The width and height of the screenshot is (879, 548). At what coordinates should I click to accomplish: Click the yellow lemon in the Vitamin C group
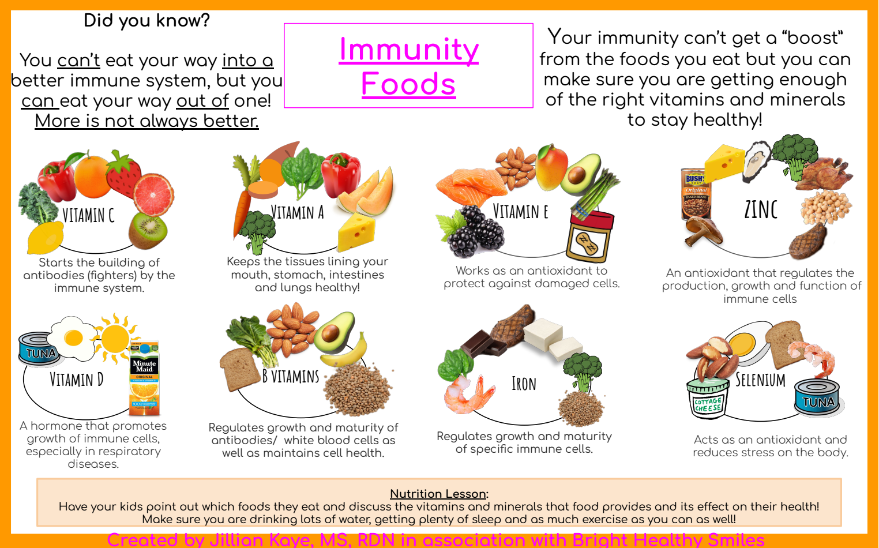[45, 237]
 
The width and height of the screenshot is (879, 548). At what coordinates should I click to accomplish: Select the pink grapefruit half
[153, 195]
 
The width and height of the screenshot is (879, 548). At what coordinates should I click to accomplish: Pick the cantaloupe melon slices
[367, 192]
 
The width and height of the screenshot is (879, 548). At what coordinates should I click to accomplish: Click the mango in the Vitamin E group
[551, 167]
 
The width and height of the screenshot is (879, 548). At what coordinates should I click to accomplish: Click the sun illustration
[115, 337]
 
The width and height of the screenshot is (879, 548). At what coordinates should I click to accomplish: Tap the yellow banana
[346, 351]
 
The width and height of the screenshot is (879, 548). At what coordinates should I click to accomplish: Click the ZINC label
[761, 209]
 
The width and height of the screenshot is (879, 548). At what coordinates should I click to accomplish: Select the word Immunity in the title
[408, 49]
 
